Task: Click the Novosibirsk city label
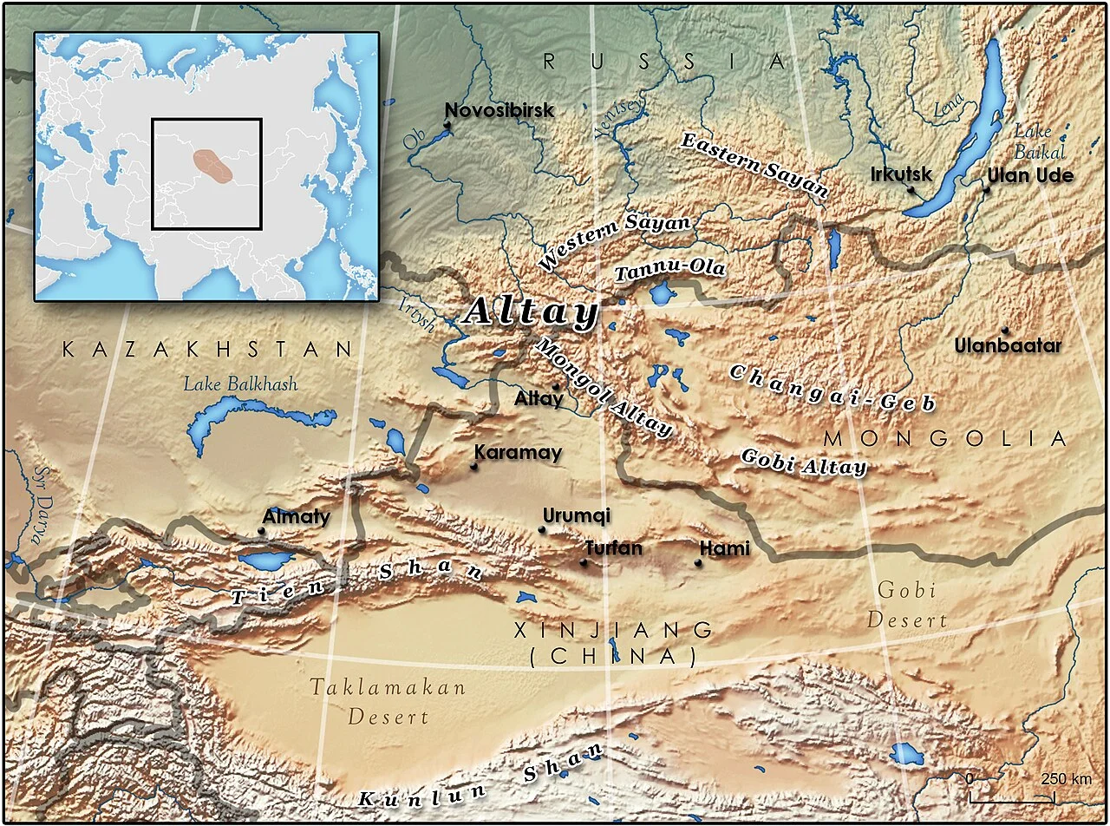click(499, 110)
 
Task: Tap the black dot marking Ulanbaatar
click(1005, 331)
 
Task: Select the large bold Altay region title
click(532, 312)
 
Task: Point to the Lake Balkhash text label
click(239, 383)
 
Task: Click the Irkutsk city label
click(901, 174)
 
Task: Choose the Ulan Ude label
click(1029, 175)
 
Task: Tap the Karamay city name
click(518, 452)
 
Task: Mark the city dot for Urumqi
click(542, 529)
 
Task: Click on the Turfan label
click(613, 548)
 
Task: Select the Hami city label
click(723, 548)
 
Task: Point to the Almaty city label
click(296, 516)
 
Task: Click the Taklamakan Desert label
click(388, 702)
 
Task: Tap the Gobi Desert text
click(907, 606)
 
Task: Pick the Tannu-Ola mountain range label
click(669, 270)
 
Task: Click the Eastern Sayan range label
click(754, 164)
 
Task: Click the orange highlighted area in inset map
click(212, 166)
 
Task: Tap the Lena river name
click(948, 108)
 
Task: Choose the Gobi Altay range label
click(803, 462)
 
